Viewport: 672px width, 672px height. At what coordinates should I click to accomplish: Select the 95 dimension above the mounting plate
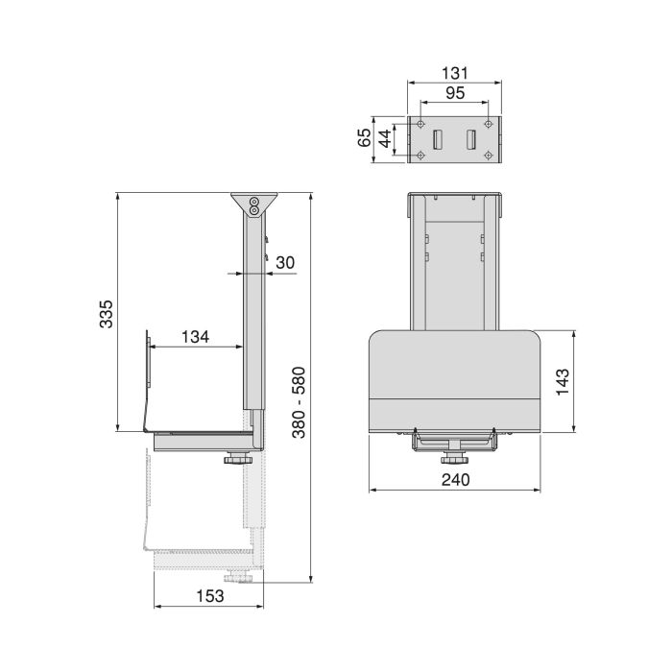click(x=454, y=93)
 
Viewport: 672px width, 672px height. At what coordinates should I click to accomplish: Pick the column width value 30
click(x=286, y=262)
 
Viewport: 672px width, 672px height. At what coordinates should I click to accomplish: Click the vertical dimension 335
click(x=107, y=314)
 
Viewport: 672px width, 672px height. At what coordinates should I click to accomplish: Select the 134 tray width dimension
click(x=195, y=337)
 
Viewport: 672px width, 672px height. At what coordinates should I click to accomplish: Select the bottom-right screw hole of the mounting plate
click(x=490, y=155)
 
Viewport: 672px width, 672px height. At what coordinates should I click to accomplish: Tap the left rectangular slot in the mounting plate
click(x=438, y=139)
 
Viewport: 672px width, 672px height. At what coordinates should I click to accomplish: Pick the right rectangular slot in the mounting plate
click(x=472, y=139)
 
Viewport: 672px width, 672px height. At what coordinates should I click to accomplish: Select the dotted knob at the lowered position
click(x=236, y=578)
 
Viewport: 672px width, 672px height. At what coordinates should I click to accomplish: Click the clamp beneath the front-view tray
click(x=455, y=442)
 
